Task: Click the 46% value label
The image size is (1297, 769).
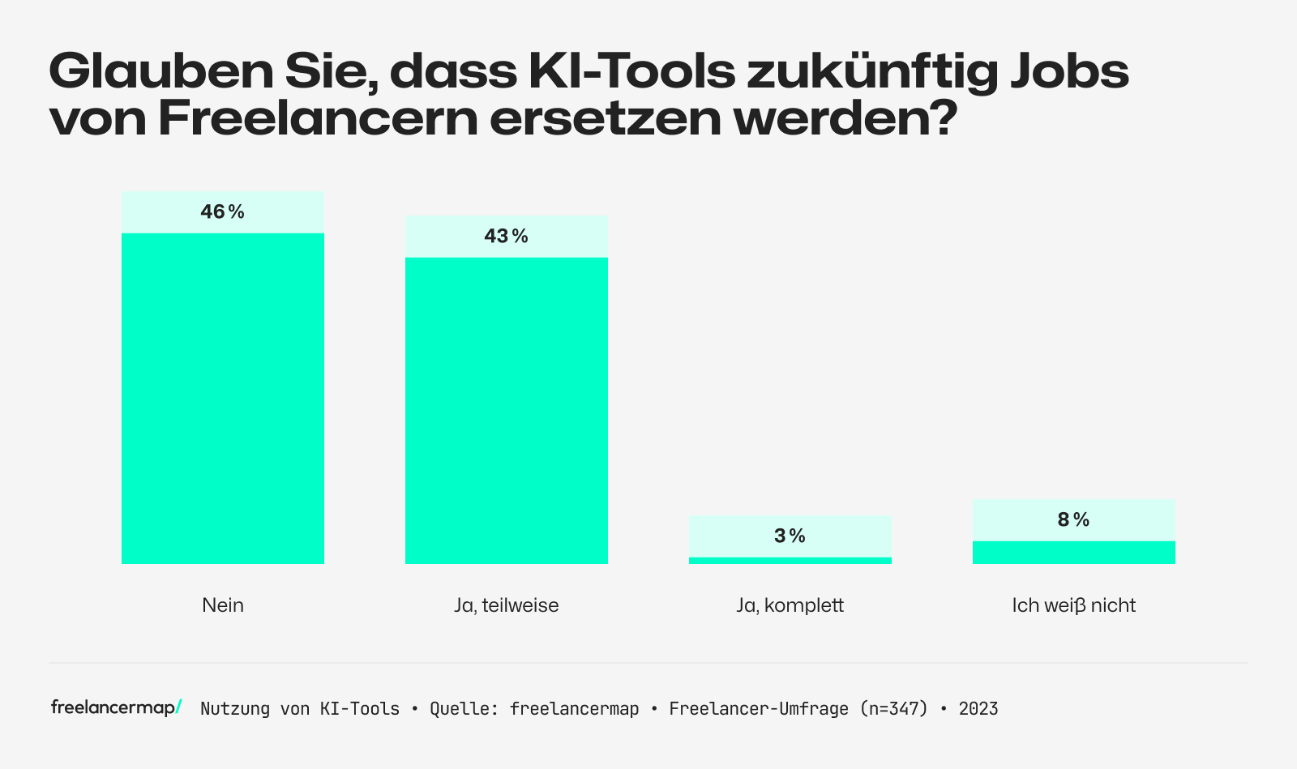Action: pyautogui.click(x=222, y=212)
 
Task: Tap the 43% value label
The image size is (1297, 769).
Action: pyautogui.click(x=506, y=237)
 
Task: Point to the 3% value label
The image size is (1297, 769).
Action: pyautogui.click(x=790, y=536)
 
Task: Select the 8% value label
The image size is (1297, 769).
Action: pyautogui.click(x=1073, y=520)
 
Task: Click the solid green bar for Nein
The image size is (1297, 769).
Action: pyautogui.click(x=222, y=398)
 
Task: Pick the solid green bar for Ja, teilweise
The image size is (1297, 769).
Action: pyautogui.click(x=506, y=410)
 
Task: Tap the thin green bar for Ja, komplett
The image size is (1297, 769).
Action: pyautogui.click(x=790, y=560)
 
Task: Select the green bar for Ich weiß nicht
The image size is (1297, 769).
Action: pyautogui.click(x=1073, y=552)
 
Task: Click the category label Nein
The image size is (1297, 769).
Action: pyautogui.click(x=222, y=605)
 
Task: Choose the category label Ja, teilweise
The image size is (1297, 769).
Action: pyautogui.click(x=506, y=605)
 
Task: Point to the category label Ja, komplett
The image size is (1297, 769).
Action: pyautogui.click(x=790, y=605)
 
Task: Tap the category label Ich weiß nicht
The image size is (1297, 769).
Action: pyautogui.click(x=1073, y=605)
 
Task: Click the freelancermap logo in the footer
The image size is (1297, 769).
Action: pyautogui.click(x=116, y=707)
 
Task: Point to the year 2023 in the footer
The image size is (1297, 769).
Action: pyautogui.click(x=978, y=709)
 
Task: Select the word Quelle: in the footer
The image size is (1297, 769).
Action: pyautogui.click(x=464, y=709)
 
